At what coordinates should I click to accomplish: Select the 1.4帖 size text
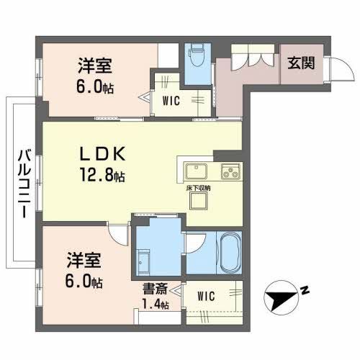(x=156, y=305)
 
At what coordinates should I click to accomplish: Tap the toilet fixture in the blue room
(x=195, y=55)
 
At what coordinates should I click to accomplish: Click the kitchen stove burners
(x=231, y=174)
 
